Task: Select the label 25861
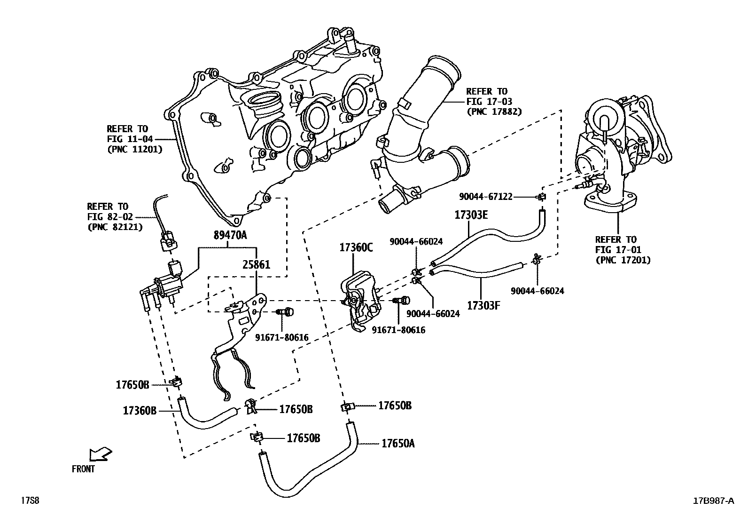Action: point(256,265)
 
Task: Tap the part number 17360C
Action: point(356,247)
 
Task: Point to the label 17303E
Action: point(471,215)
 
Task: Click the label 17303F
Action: point(483,305)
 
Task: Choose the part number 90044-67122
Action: point(486,196)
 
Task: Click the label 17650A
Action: point(397,443)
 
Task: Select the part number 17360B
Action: point(140,410)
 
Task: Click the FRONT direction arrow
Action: point(100,454)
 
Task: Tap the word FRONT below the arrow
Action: point(83,469)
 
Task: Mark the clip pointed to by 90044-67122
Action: point(542,197)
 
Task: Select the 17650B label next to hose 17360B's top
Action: point(132,385)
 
